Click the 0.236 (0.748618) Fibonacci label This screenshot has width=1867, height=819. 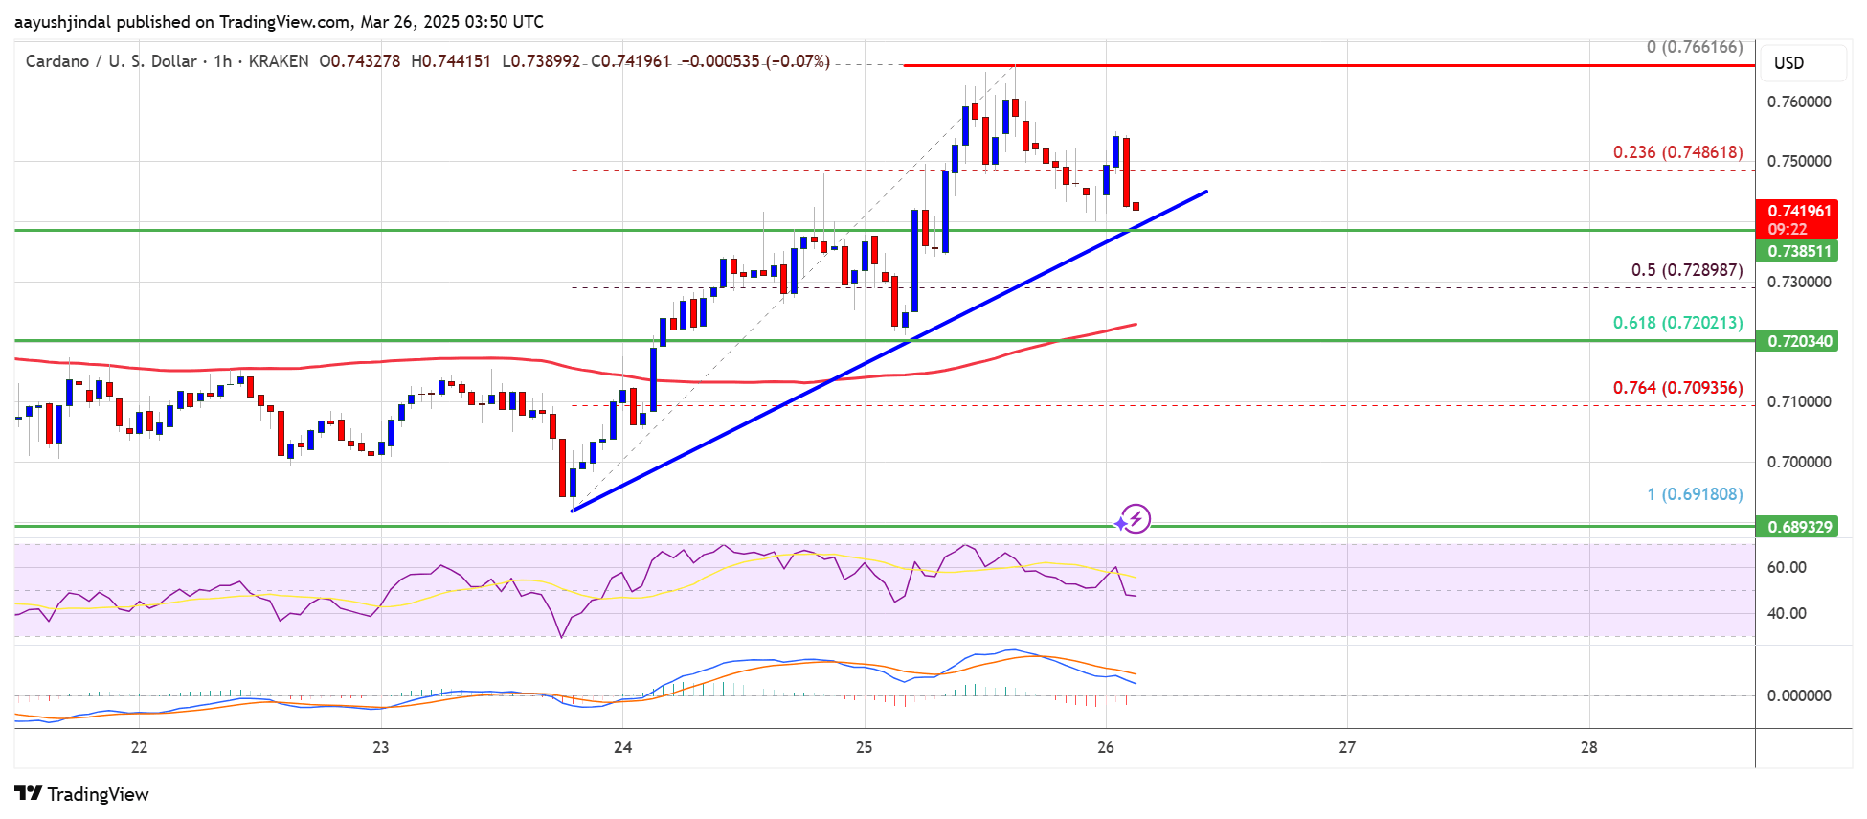1677,152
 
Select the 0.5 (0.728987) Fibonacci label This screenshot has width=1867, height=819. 1687,270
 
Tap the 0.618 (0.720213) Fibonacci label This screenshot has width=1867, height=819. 1677,323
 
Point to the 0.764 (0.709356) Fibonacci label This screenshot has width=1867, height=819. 1677,388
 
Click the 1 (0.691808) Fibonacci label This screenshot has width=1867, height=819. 1695,494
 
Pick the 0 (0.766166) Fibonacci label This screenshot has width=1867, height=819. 1695,47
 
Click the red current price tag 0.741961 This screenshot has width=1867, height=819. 1799,212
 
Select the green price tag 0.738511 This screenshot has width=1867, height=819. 1799,251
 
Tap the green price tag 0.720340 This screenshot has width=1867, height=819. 1799,341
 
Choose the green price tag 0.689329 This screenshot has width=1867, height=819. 1799,527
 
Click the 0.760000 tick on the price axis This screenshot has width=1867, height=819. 1799,102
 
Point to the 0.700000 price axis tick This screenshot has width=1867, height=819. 1799,462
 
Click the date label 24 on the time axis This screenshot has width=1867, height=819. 622,747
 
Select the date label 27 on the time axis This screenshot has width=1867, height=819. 1347,747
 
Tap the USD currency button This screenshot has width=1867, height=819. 1788,63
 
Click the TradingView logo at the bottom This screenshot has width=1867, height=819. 82,794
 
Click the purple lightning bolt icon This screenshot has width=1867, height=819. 1136,519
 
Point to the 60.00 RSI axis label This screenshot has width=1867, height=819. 1787,567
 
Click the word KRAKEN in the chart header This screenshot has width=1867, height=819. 279,61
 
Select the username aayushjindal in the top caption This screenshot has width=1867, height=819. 62,22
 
